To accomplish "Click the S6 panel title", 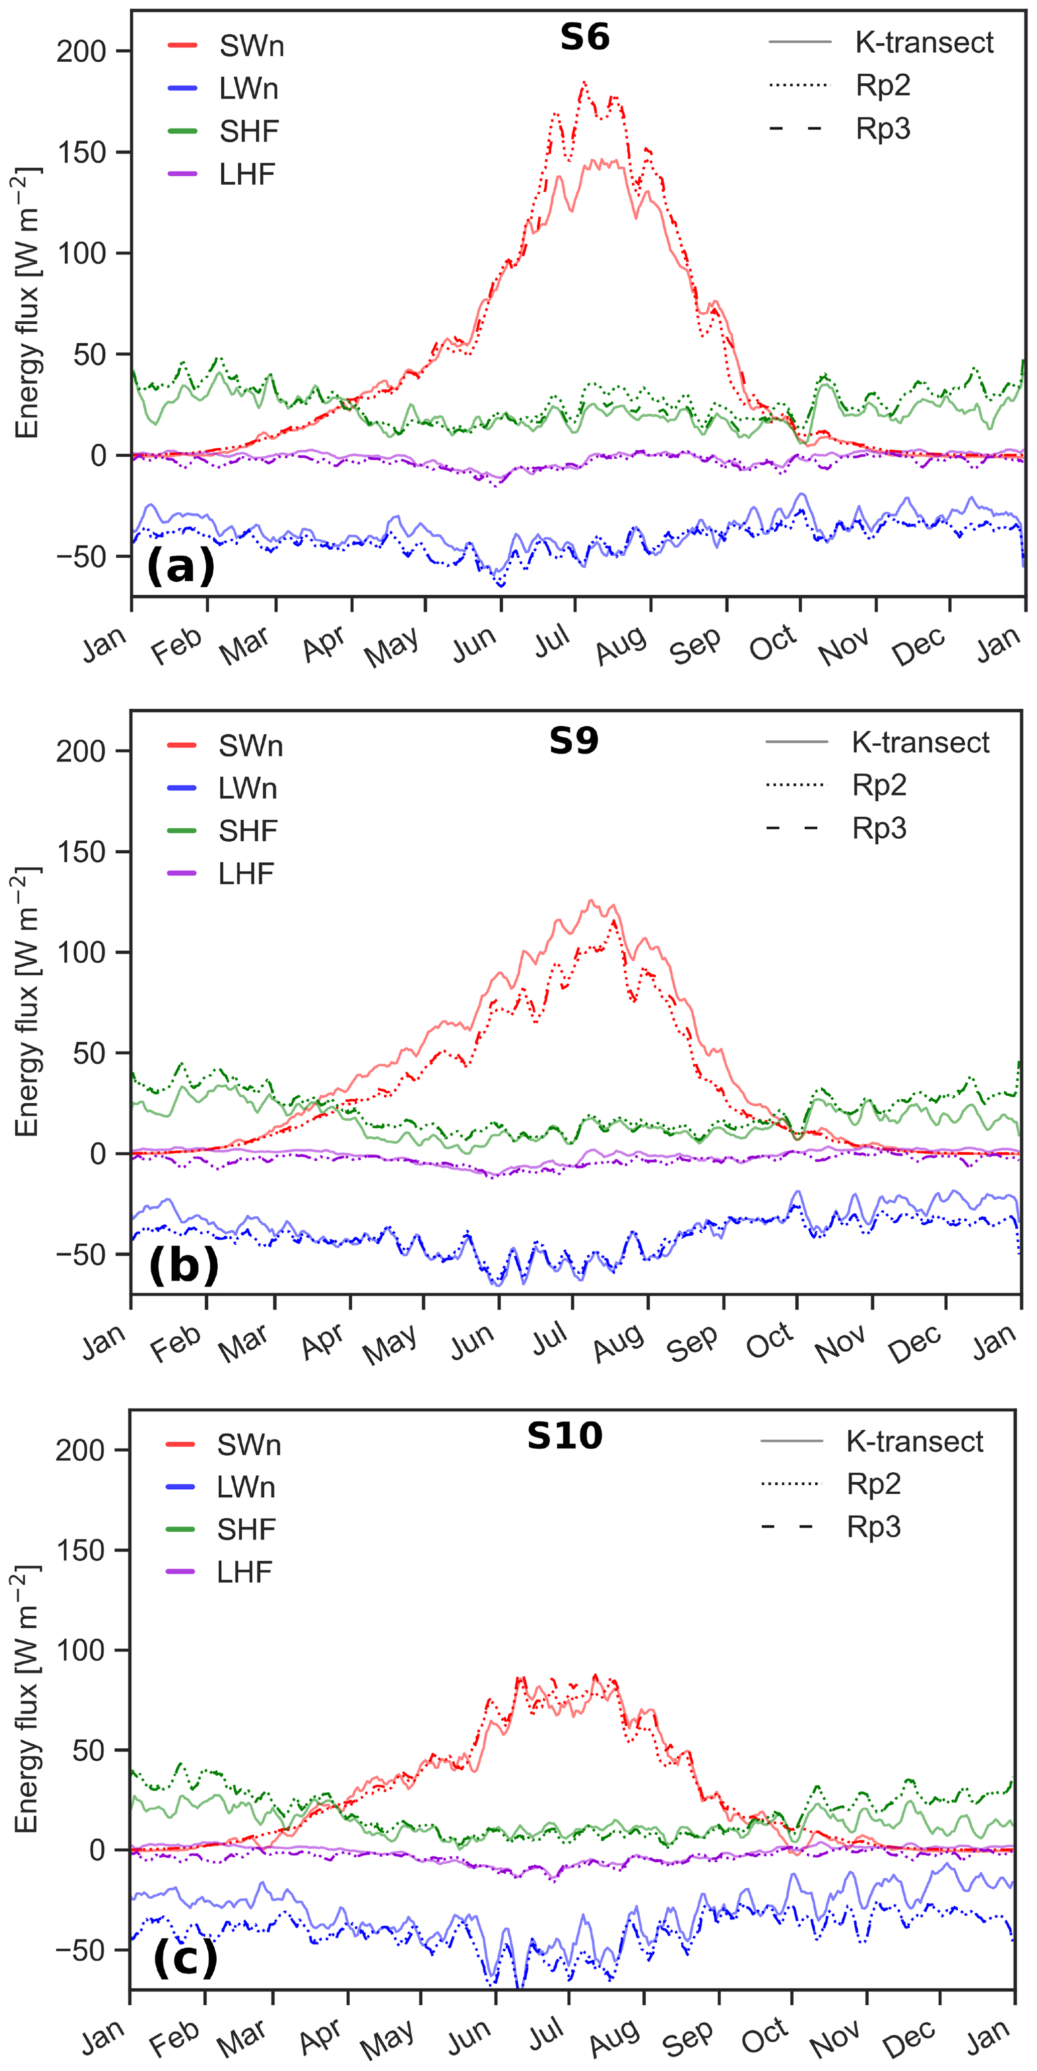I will pos(584,37).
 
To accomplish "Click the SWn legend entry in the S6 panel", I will pos(251,46).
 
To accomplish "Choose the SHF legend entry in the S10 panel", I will pos(246,1529).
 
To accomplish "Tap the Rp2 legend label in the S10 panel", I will pos(873,1483).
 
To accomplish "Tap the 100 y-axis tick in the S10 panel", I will pos(80,1650).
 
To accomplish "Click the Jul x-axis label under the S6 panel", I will pos(553,641).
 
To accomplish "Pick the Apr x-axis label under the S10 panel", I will pos(320,2036).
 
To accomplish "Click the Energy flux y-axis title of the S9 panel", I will pos(27,1002).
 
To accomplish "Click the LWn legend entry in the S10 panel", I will pos(245,1487).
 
